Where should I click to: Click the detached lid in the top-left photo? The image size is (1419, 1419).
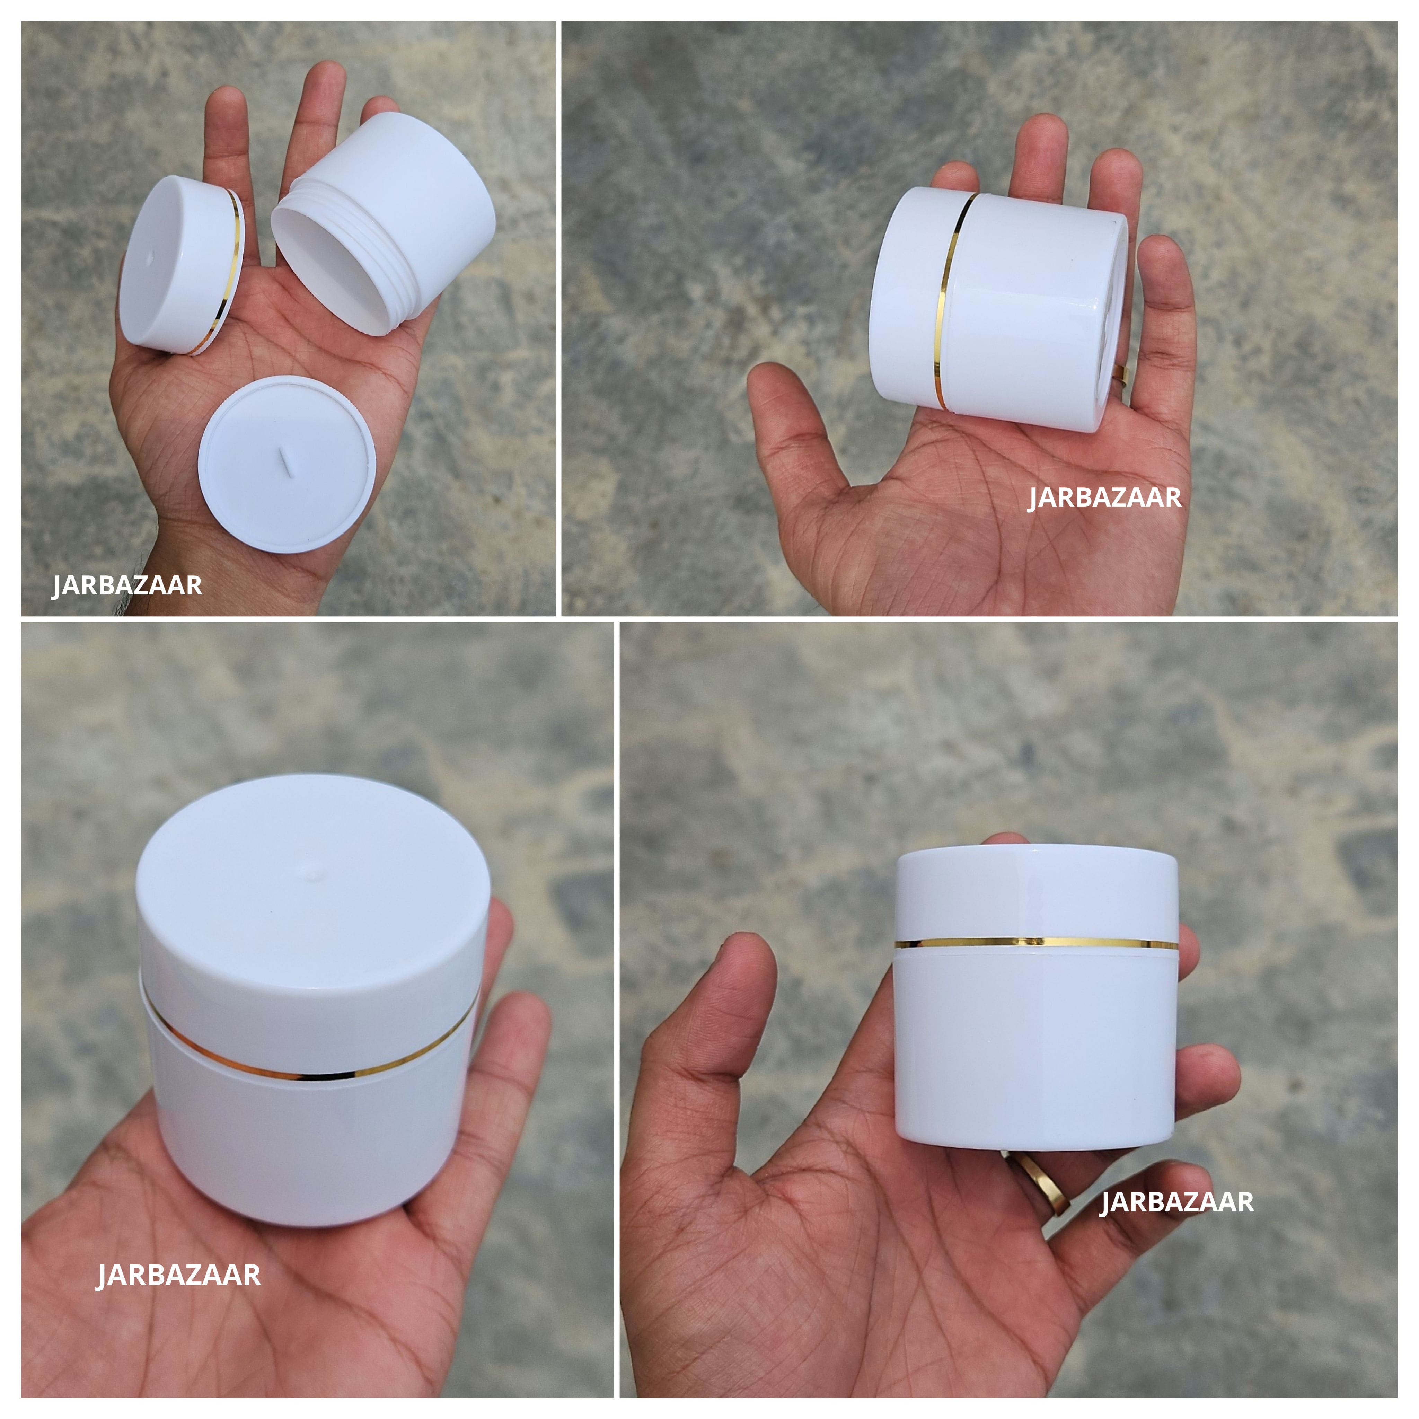point(176,268)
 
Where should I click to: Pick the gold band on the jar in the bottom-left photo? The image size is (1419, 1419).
point(308,1074)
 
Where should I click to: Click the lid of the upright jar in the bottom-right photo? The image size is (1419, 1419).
point(1035,892)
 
